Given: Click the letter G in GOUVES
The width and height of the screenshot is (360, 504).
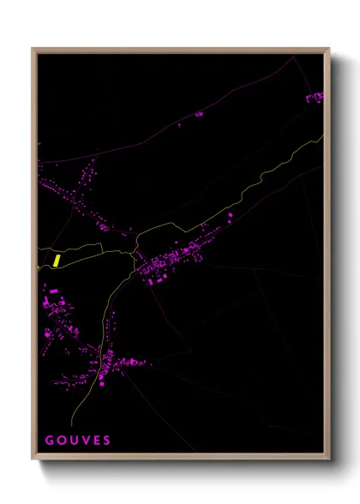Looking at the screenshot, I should [49, 441].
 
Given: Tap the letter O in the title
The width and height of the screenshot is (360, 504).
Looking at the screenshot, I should [61, 441].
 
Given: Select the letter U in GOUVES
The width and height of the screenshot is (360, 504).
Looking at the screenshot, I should [73, 441].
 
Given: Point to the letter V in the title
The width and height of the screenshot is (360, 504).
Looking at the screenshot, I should [85, 441].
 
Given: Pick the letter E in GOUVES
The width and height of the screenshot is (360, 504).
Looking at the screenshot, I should [96, 441].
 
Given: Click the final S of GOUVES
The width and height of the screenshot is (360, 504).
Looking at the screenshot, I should [107, 441].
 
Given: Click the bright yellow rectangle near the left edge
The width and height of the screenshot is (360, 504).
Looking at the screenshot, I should [57, 260].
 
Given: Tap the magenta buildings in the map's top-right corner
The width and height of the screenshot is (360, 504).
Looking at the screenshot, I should [315, 98].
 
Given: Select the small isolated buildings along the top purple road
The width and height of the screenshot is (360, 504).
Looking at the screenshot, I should [198, 114].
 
